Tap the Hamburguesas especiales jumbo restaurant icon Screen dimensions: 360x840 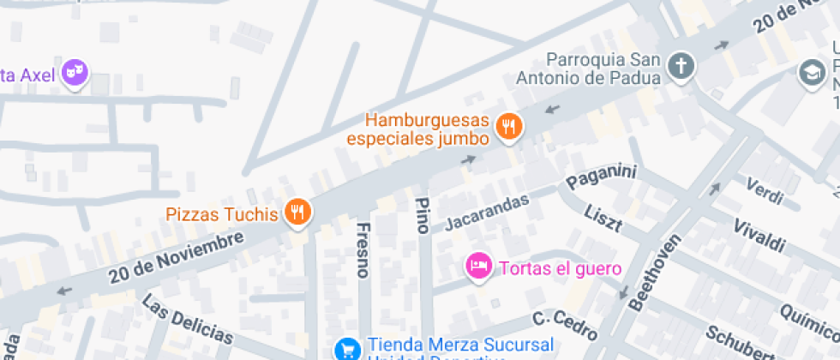pos(509,128)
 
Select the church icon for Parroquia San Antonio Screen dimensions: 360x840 pos(681,66)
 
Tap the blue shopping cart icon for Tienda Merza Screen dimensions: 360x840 pos(347,349)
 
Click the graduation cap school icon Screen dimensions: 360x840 pos(811,72)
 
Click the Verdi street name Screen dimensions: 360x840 pos(765,190)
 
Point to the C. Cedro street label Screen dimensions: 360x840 pos(564,323)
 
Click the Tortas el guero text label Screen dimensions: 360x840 pos(560,268)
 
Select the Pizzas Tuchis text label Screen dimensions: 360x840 pos(222,214)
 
